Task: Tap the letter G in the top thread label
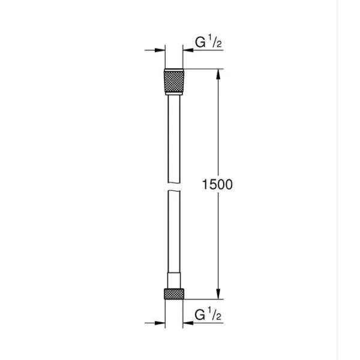(x=199, y=43)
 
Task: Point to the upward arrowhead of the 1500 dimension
(x=218, y=74)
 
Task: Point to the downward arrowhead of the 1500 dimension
(x=218, y=294)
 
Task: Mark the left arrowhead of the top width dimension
(x=161, y=50)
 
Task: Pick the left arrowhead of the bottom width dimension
(x=161, y=320)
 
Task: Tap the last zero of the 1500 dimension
(x=228, y=185)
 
